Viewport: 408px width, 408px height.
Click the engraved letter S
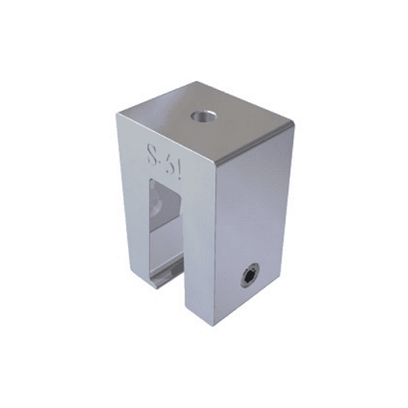point(153,153)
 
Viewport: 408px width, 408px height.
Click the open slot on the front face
point(168,237)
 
